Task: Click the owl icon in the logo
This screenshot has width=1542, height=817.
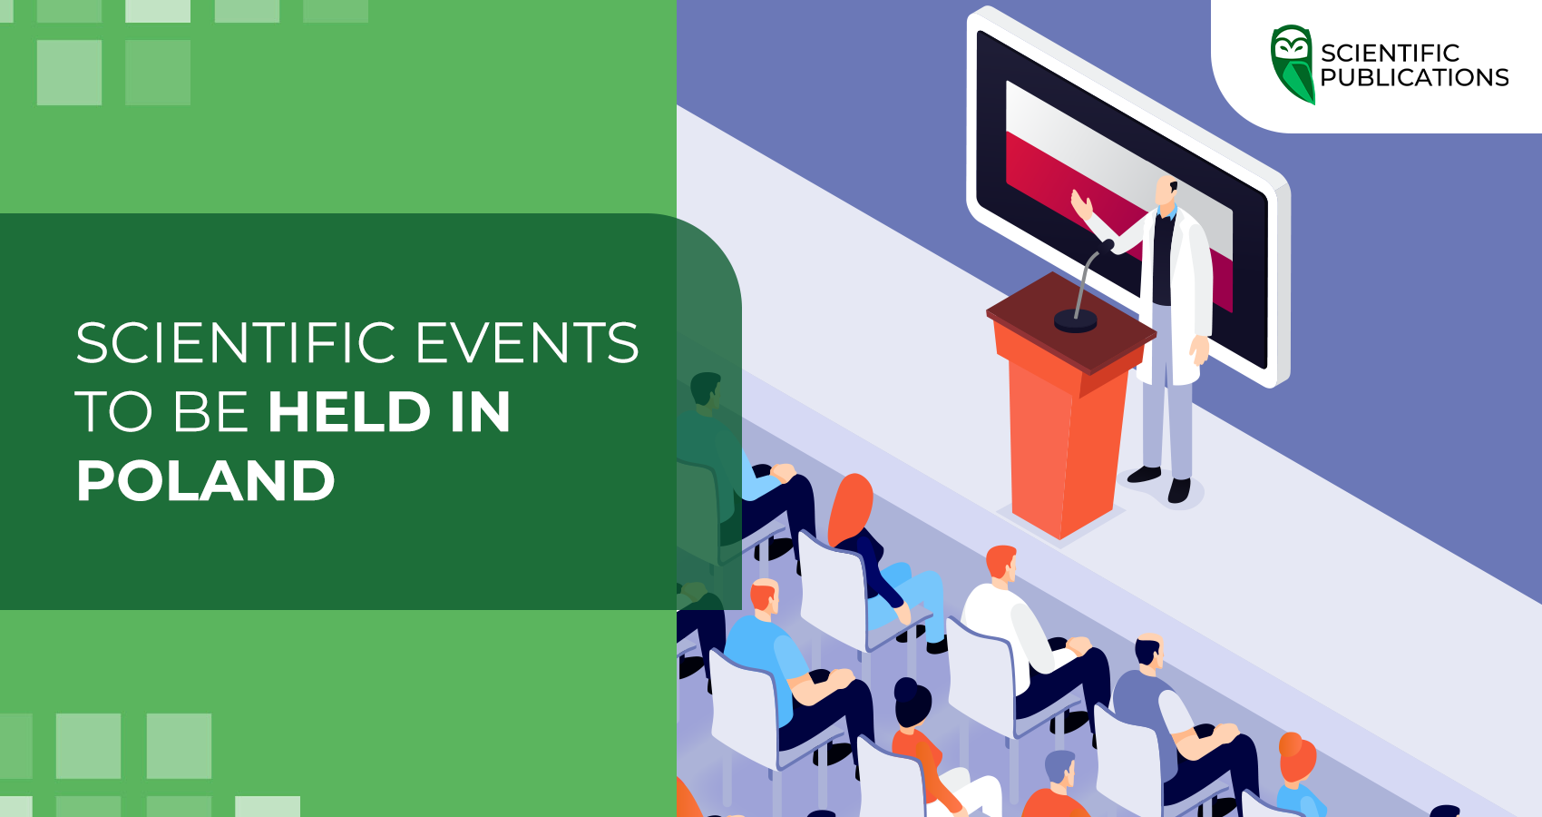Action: tap(1293, 64)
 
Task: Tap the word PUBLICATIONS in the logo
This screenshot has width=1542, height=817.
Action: tap(1414, 78)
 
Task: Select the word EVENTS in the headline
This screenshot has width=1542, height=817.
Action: tap(526, 343)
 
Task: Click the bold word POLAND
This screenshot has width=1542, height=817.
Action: tap(206, 480)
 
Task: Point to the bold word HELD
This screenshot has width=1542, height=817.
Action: tap(349, 412)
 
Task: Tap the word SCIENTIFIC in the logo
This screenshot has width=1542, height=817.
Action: tap(1390, 53)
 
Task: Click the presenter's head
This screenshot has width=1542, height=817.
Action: tap(1167, 192)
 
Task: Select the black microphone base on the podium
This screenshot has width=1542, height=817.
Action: tap(1076, 320)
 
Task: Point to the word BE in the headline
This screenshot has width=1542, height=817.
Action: tap(210, 412)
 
